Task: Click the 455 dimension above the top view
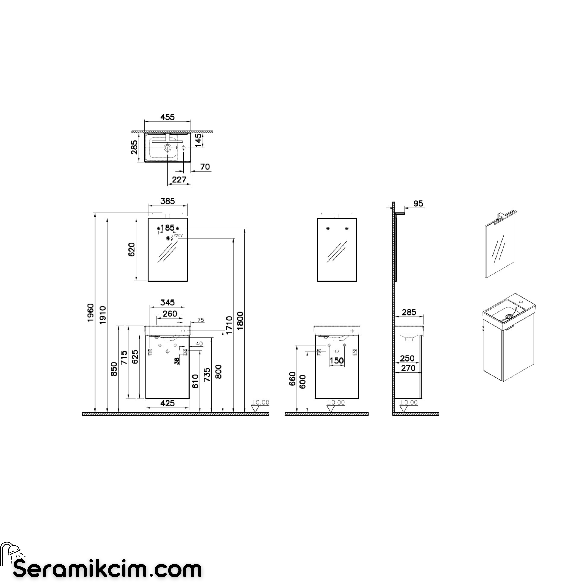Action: (167, 117)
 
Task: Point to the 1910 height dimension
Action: (103, 315)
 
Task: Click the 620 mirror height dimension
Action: (131, 250)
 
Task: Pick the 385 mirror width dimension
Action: (168, 201)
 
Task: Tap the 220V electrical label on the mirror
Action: (178, 235)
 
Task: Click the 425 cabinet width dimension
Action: (167, 403)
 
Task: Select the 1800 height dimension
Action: (240, 321)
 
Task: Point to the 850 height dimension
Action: (114, 369)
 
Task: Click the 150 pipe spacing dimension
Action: (337, 361)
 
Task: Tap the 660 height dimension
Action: (292, 379)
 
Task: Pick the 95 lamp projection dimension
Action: (418, 204)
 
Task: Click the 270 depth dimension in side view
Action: (408, 368)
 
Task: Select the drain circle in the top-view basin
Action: (167, 148)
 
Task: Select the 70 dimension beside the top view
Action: (205, 167)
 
